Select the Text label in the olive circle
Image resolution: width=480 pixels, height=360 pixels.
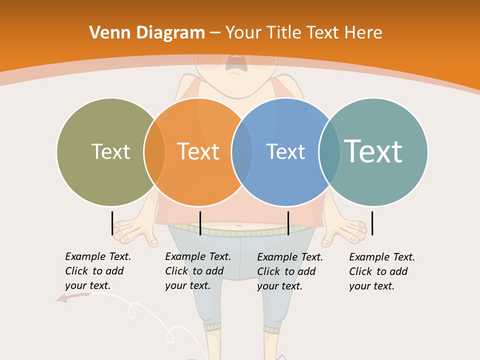[110, 151]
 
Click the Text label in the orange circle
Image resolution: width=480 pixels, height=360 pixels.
[198, 151]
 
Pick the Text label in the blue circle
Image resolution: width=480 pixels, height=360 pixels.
[286, 151]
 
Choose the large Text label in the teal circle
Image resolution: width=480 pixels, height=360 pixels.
[373, 151]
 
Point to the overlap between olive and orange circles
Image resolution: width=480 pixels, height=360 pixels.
[154, 151]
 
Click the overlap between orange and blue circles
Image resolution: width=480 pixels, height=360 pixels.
[242, 151]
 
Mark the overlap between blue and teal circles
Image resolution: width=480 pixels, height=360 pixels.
[329, 151]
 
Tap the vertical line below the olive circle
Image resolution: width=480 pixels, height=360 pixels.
[112, 223]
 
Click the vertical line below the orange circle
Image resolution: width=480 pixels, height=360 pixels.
[200, 223]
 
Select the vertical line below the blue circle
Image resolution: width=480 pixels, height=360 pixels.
[288, 223]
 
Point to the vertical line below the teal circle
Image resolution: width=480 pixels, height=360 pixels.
[372, 223]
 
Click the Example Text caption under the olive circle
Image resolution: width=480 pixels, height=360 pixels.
[98, 271]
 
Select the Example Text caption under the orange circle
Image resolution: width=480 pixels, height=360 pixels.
[198, 271]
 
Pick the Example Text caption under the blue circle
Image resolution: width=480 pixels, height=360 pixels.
[290, 271]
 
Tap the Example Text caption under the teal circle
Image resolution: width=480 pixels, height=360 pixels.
[382, 271]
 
